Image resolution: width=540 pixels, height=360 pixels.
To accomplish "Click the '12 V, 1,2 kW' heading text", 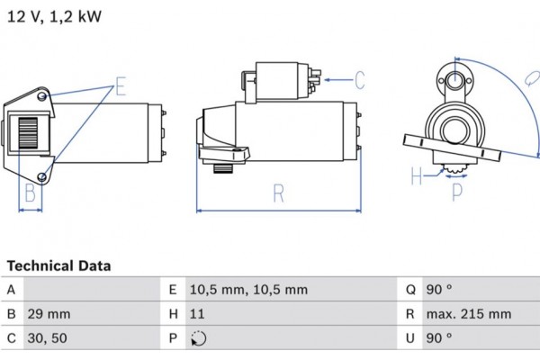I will coord(55,17).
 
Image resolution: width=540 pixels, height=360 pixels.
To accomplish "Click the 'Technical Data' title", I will coord(59,265).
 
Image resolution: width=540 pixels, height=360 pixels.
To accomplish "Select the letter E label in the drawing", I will coord(121,87).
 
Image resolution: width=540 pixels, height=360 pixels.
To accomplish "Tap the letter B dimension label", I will coord(30,193).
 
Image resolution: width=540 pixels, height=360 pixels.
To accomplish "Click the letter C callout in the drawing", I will coord(358,81).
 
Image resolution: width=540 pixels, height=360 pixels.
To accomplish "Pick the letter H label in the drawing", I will coord(416,176).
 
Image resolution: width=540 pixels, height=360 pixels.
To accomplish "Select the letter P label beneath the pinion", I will coord(456,191).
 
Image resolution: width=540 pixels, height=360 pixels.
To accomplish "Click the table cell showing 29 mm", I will coord(49,314).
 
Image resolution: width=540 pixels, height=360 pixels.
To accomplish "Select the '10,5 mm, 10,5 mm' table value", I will coord(248,290).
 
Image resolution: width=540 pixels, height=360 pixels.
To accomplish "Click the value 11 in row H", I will coord(197,314).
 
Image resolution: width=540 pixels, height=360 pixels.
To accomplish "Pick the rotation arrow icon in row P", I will coord(198,339).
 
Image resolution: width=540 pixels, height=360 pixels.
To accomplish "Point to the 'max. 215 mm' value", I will coord(469,314).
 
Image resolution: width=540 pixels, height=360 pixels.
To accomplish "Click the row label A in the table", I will coord(11,290).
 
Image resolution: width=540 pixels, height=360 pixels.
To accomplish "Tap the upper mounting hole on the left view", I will coord(44,95).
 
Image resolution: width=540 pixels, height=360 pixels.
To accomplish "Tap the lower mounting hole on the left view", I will coord(44,175).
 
